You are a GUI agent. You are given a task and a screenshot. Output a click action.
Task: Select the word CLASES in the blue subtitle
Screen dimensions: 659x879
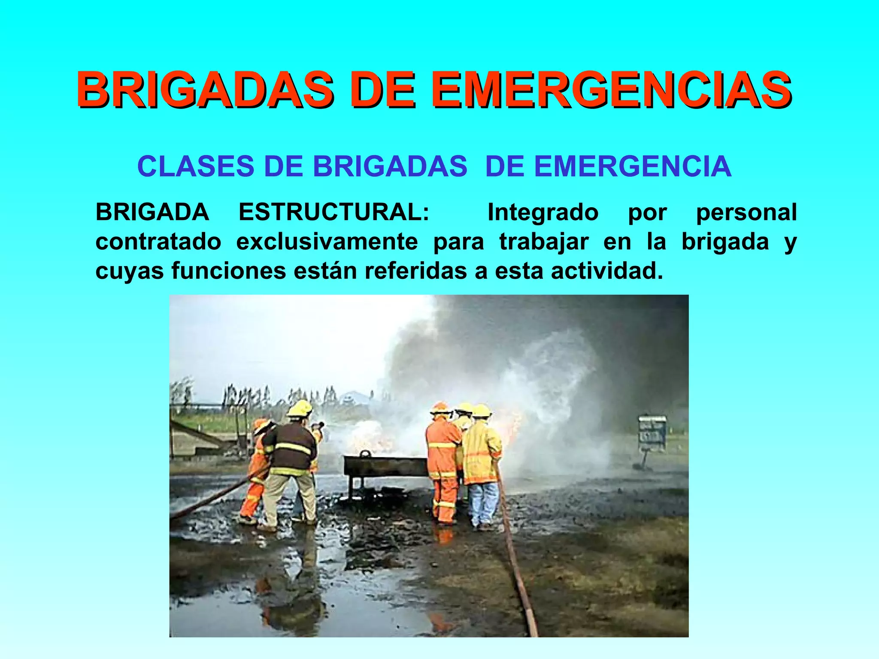pos(196,166)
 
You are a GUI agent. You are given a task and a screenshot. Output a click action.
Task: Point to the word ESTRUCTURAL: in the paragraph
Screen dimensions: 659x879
pos(334,212)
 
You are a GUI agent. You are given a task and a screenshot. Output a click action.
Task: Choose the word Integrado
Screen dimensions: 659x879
pos(543,212)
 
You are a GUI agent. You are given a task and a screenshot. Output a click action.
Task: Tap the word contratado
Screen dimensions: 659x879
pos(158,242)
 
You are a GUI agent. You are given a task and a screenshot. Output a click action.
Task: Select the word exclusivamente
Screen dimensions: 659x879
pos(327,242)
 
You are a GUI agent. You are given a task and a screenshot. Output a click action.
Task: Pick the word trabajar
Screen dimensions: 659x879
pos(544,242)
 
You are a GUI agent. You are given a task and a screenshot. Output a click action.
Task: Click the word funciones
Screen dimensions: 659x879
pos(228,271)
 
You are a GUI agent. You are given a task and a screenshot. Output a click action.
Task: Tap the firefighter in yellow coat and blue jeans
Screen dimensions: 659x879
pos(482,463)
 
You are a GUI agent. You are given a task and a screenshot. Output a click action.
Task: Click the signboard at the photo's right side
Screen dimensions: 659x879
pos(652,433)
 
